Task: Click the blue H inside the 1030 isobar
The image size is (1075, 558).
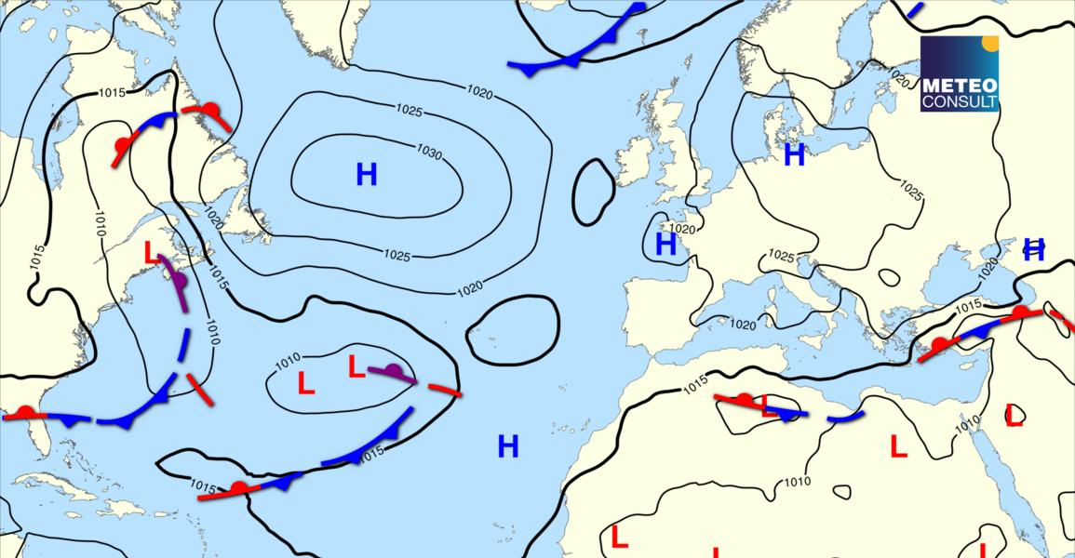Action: [367, 174]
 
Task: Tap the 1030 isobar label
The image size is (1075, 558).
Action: [429, 152]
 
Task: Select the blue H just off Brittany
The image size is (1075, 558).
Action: [665, 245]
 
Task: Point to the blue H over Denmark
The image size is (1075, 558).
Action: [794, 155]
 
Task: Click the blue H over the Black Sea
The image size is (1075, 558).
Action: [1034, 249]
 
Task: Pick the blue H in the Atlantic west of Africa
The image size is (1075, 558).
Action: [507, 446]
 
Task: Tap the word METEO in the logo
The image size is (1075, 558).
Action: [959, 86]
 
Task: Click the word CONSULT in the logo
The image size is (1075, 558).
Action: [959, 100]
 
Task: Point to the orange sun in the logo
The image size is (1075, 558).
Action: [990, 43]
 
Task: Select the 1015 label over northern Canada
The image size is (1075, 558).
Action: [112, 92]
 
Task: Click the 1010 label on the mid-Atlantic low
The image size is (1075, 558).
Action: [289, 359]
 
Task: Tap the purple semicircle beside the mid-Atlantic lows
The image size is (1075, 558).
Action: [394, 371]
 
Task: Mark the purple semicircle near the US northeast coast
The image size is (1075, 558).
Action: [180, 279]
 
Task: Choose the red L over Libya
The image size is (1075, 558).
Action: [898, 447]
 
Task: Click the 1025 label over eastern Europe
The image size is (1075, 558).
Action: [910, 188]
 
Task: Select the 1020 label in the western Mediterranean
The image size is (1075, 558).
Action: [743, 325]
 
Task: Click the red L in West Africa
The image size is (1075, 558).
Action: [619, 537]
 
